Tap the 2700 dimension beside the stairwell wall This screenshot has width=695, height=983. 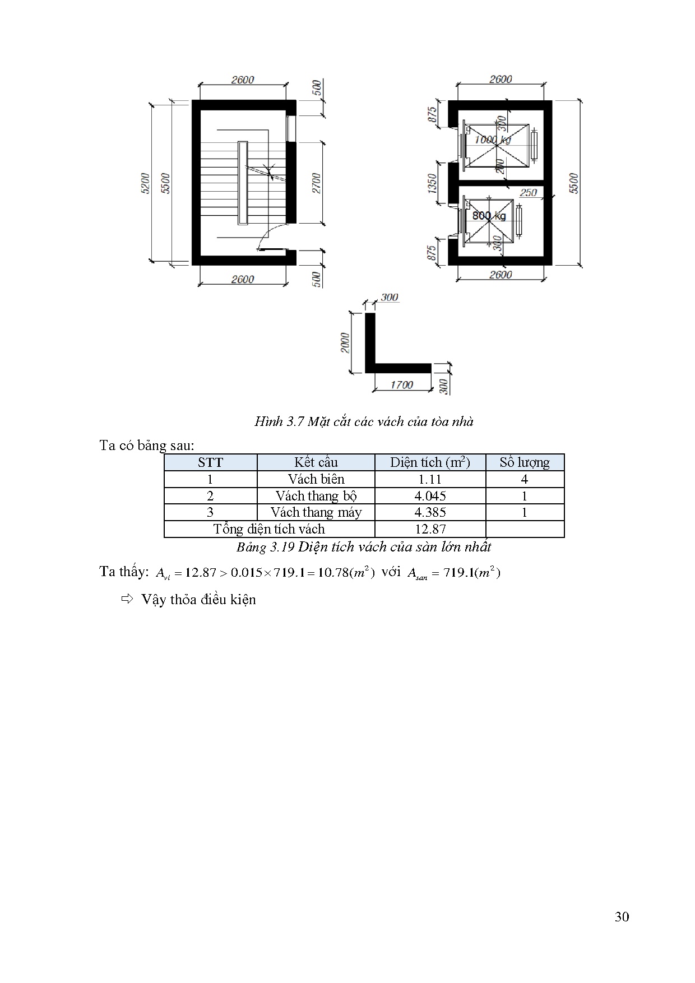tap(317, 183)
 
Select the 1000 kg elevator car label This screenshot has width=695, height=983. tap(493, 140)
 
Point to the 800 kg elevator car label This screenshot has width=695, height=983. tap(489, 216)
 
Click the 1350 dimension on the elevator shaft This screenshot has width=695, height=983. tap(432, 183)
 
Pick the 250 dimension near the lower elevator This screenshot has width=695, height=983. tap(528, 192)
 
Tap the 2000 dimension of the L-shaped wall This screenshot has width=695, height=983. tap(345, 342)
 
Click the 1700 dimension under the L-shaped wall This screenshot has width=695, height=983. tap(401, 384)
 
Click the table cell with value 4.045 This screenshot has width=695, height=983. tap(430, 496)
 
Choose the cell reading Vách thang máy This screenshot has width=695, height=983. tap(316, 512)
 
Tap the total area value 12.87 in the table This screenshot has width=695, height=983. tap(430, 529)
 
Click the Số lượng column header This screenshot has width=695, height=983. tap(525, 462)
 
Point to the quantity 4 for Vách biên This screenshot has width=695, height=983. tap(525, 479)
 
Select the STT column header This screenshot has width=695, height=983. tap(210, 462)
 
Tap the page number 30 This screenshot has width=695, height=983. tap(622, 916)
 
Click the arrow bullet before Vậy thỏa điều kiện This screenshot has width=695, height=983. tap(127, 599)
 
